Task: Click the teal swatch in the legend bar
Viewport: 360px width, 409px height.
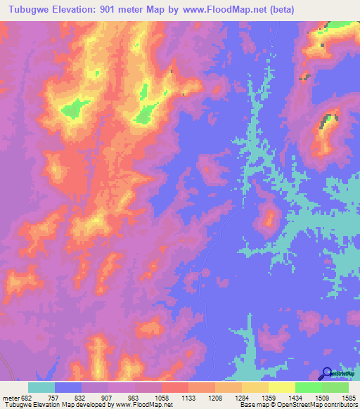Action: tap(41, 387)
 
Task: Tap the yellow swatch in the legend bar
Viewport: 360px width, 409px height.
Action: tap(281, 387)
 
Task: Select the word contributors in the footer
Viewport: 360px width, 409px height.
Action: tap(340, 405)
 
